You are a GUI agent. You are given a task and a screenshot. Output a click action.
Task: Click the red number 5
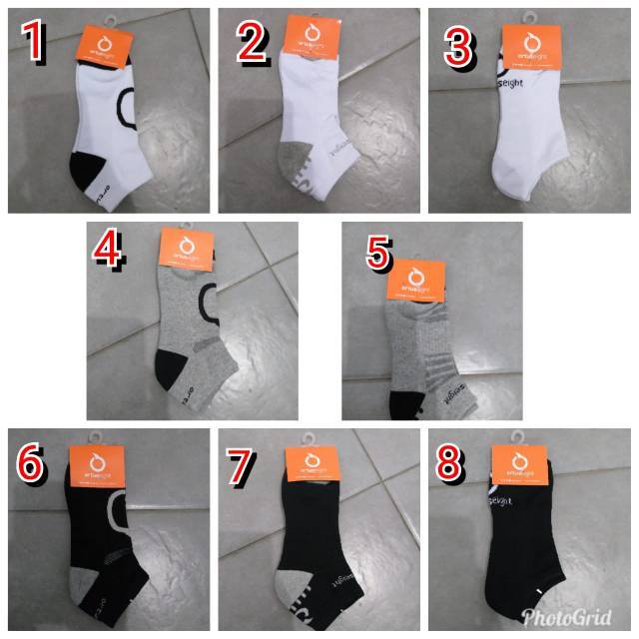[x=377, y=253]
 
